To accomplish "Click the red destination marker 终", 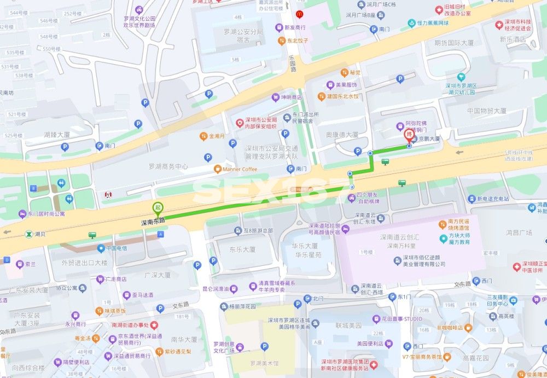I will tap(409, 135).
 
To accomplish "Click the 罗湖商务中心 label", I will tap(168, 166).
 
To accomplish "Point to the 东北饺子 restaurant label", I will tap(298, 40).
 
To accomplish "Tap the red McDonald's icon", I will tap(299, 13).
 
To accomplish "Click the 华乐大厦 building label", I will tap(304, 246).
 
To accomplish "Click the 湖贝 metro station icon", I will tap(28, 234).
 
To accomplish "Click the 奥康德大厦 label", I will tap(342, 134).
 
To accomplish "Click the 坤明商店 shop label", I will tap(291, 97).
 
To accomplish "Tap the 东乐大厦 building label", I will tap(242, 249).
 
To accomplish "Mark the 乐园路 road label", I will tap(292, 63).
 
